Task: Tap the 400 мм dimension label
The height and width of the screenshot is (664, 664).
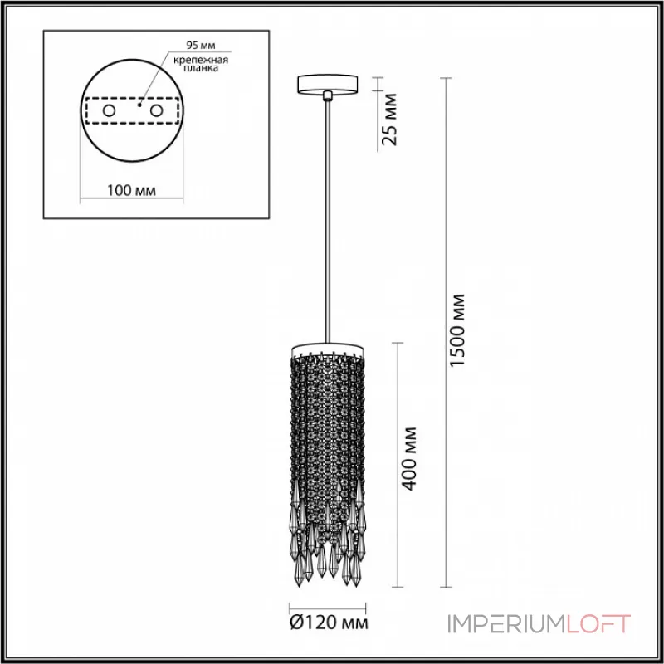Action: (x=408, y=458)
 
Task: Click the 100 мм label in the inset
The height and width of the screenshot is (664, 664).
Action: (x=133, y=191)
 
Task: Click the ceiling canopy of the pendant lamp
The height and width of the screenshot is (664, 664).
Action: (x=329, y=82)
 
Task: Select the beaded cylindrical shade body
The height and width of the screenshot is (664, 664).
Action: (x=329, y=432)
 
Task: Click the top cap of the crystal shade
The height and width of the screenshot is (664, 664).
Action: (x=329, y=346)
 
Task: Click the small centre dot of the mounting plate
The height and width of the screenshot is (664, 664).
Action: (x=139, y=106)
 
